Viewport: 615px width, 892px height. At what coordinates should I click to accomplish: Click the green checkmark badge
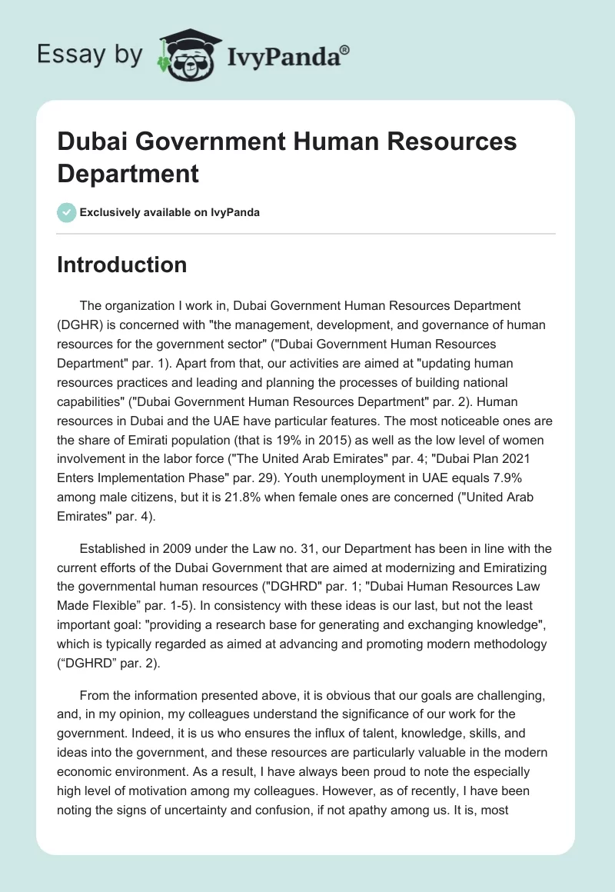click(x=67, y=212)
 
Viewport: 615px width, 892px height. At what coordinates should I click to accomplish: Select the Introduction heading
click(x=122, y=265)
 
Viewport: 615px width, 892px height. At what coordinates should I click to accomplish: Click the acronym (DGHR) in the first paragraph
click(x=81, y=325)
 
